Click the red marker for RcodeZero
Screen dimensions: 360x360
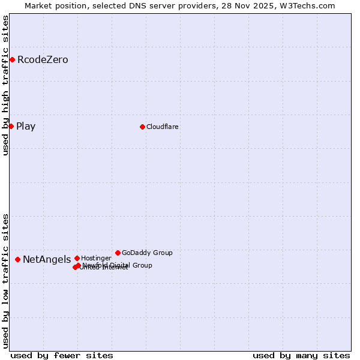12,59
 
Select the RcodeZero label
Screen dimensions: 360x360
43,59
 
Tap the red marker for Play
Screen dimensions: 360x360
11,126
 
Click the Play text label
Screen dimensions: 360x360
26,126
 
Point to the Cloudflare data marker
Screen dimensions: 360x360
142,127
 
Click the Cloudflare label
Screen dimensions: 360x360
163,127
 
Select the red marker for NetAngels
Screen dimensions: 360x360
17,259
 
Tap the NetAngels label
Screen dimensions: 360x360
47,259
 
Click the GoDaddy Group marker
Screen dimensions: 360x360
118,253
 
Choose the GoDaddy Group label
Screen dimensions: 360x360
147,253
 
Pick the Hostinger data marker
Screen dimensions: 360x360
77,258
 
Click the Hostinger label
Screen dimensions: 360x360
96,258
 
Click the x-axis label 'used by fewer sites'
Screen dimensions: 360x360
62,355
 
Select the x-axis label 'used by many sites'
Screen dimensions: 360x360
301,355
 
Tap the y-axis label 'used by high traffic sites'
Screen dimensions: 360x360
5,85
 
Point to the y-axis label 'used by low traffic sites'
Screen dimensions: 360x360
5,281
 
